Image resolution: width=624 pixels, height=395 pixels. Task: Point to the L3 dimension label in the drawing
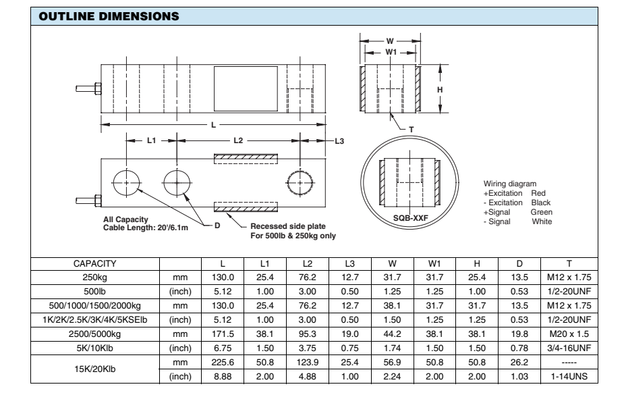pos(339,140)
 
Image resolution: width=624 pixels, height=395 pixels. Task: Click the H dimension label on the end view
pos(439,89)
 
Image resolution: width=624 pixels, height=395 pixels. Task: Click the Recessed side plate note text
pos(289,226)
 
